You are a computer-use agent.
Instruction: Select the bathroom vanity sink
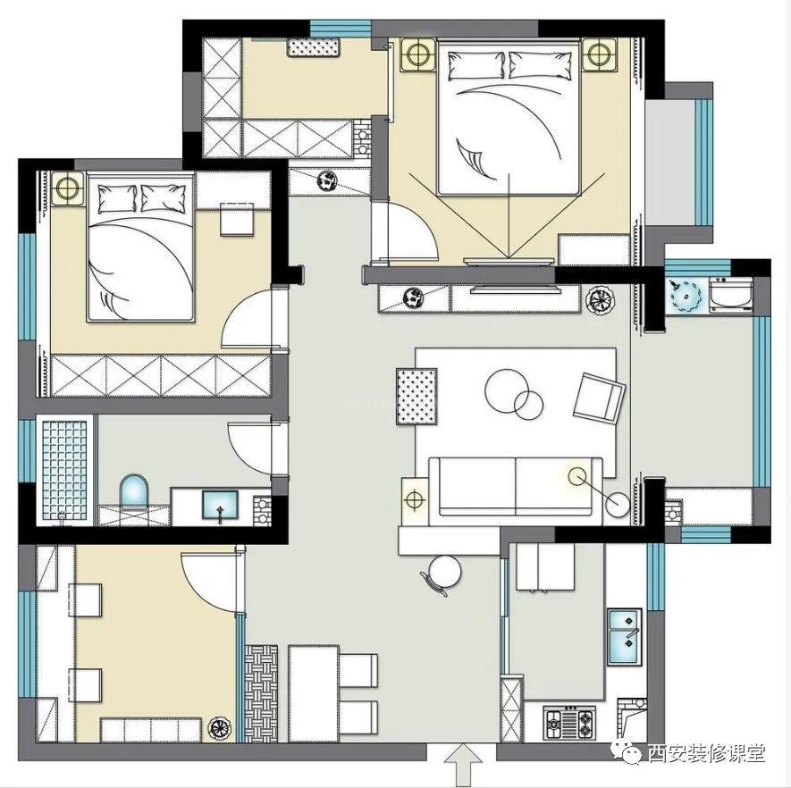click(x=220, y=505)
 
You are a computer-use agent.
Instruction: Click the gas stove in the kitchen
click(x=569, y=723)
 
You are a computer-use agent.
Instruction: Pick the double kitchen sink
click(x=625, y=637)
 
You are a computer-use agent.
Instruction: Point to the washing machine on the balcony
click(x=731, y=295)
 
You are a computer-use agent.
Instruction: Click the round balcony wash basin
click(x=686, y=295)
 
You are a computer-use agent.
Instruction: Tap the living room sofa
click(x=515, y=487)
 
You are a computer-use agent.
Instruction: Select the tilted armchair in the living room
click(x=599, y=398)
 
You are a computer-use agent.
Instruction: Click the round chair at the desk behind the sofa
click(x=444, y=573)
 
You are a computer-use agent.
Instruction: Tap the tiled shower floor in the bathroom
click(x=64, y=470)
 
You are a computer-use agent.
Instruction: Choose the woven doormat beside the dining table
click(x=261, y=693)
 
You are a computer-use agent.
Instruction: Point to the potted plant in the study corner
click(x=221, y=728)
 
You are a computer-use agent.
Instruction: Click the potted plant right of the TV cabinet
click(x=600, y=299)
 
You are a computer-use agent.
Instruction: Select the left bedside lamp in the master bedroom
click(x=417, y=54)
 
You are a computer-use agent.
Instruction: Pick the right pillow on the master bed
click(x=541, y=65)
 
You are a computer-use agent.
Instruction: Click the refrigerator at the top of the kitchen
click(x=546, y=566)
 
